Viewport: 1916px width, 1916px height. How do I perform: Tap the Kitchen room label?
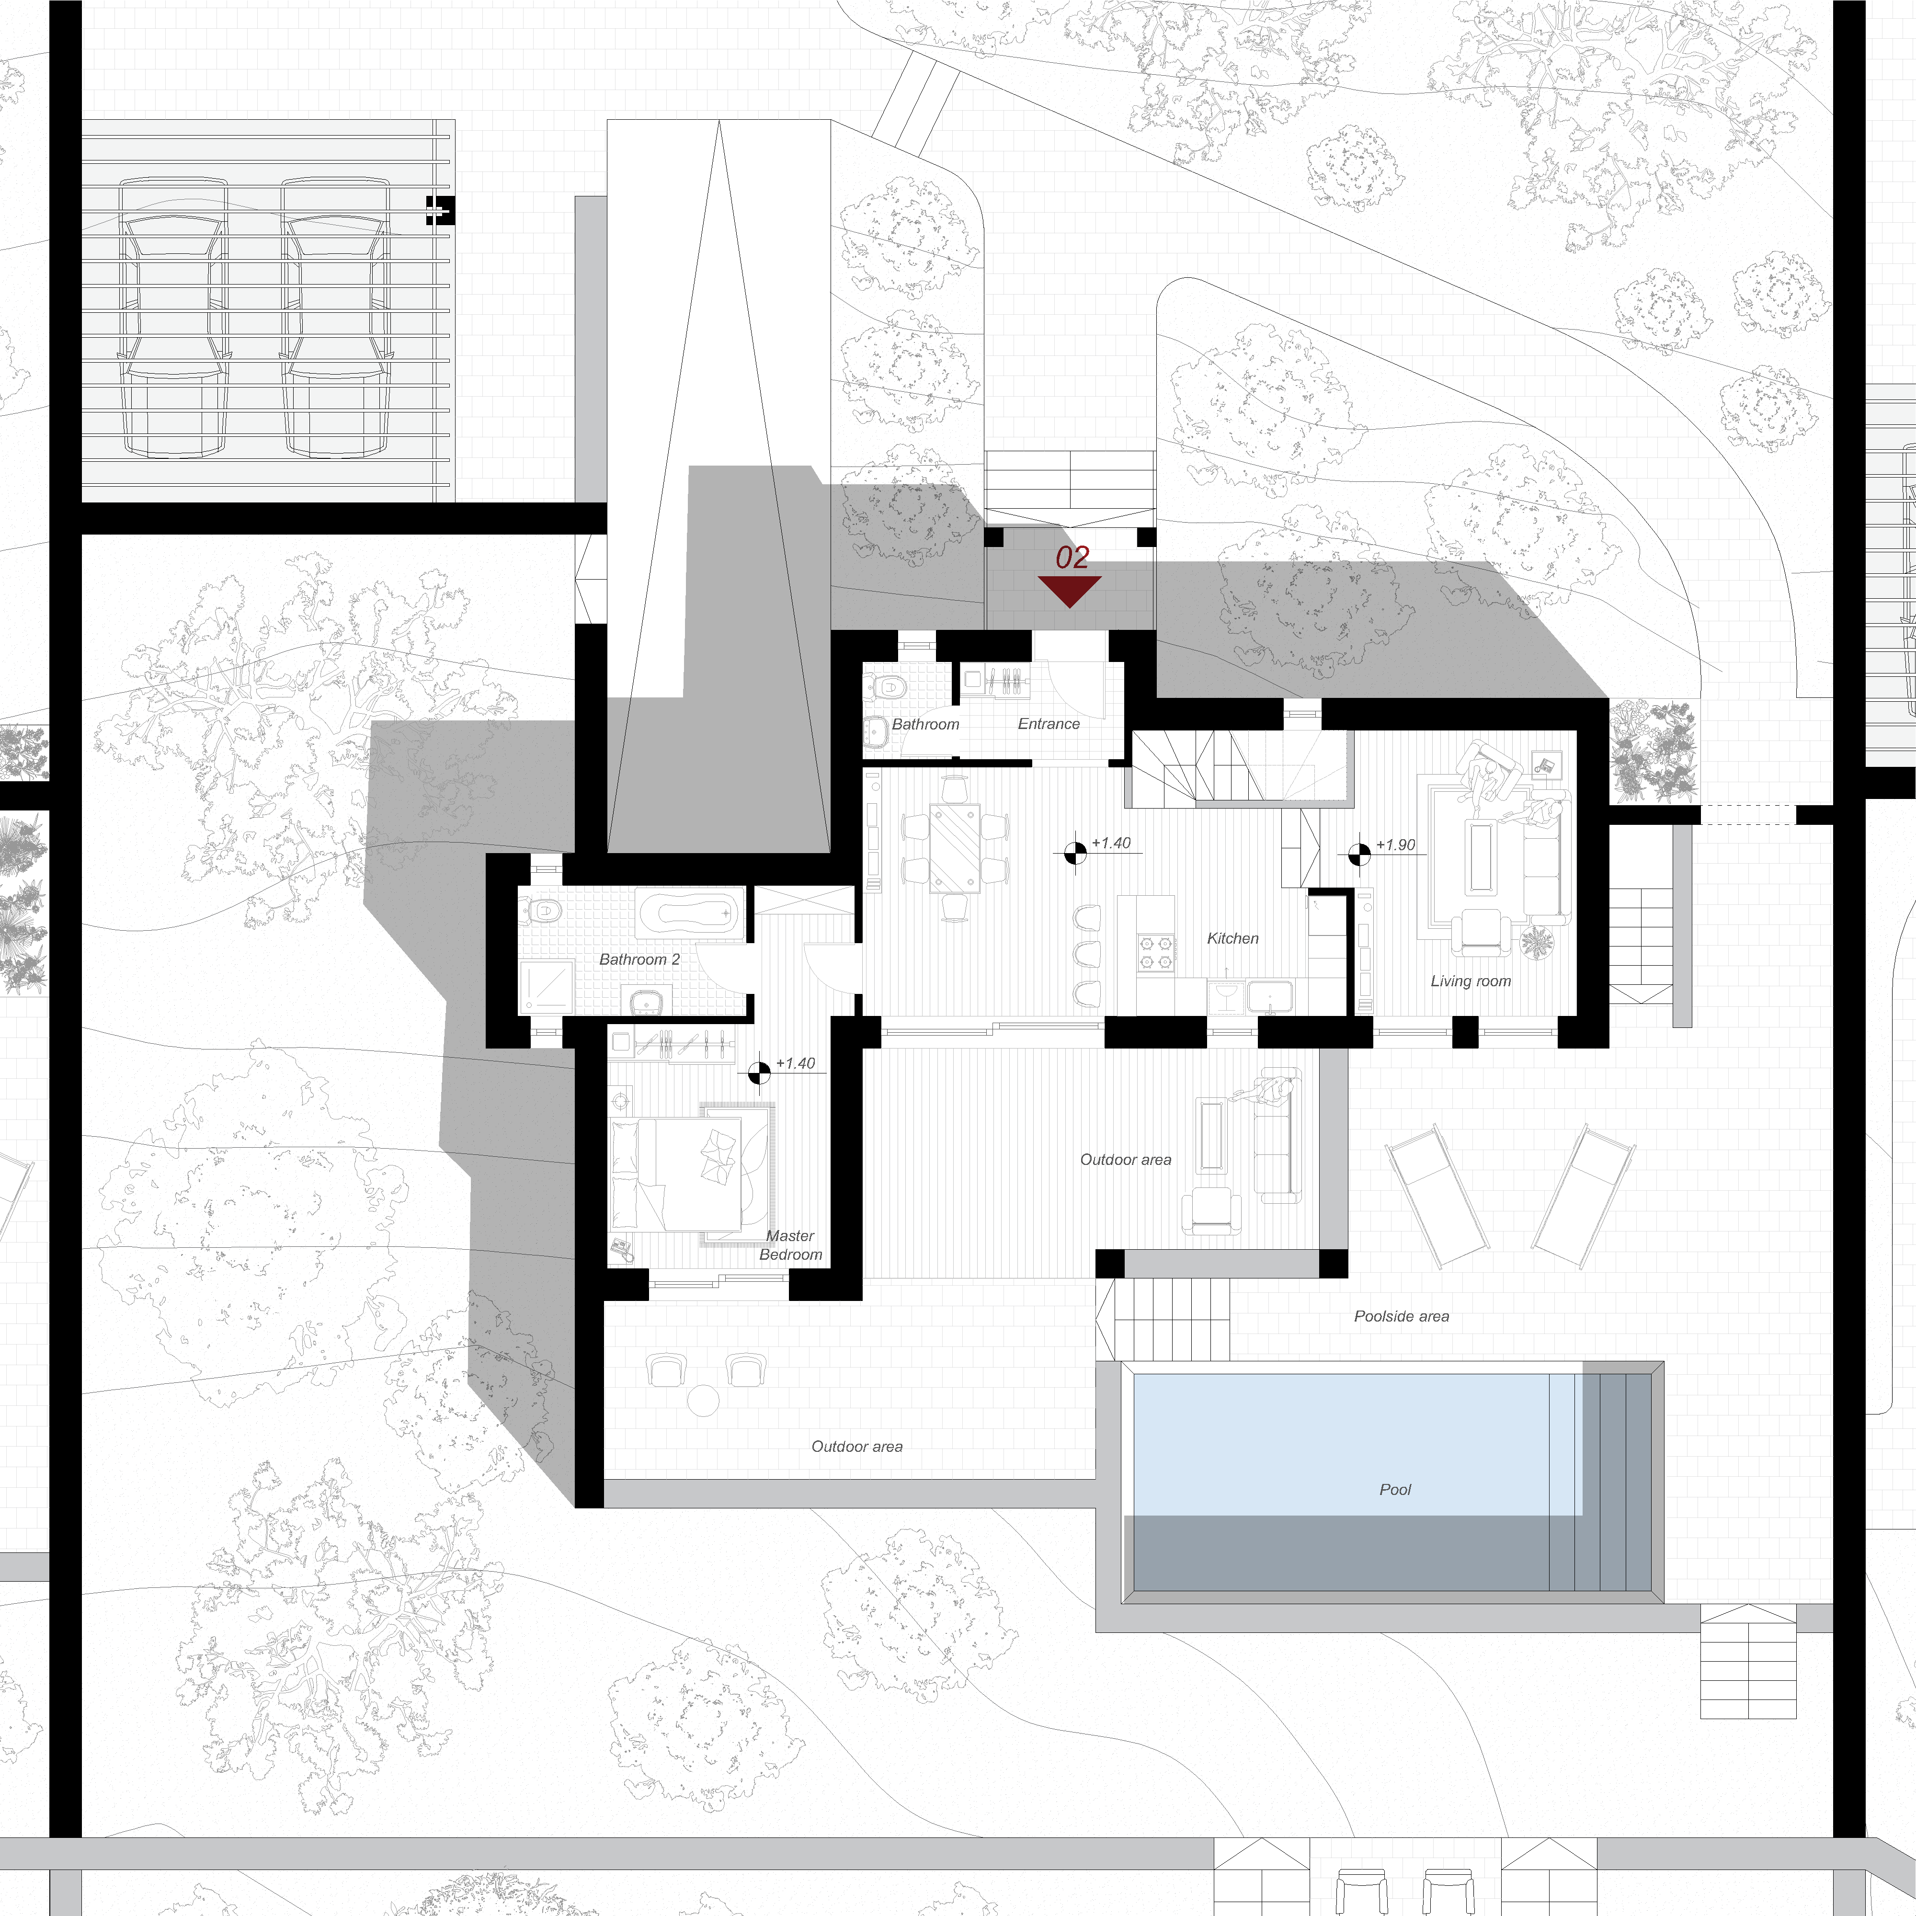point(1232,938)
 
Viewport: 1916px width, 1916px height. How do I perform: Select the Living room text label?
point(1471,981)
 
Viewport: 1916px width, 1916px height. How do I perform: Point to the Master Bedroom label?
point(790,1244)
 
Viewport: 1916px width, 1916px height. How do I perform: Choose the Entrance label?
point(1048,724)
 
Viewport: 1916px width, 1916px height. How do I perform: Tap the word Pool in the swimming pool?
point(1395,1490)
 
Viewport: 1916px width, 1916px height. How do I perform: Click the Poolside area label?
point(1401,1316)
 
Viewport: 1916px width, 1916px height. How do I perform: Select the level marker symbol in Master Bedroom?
point(759,1072)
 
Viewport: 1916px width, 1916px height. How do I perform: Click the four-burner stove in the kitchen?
point(1155,952)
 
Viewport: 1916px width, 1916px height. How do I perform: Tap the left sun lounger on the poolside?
point(1437,1196)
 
